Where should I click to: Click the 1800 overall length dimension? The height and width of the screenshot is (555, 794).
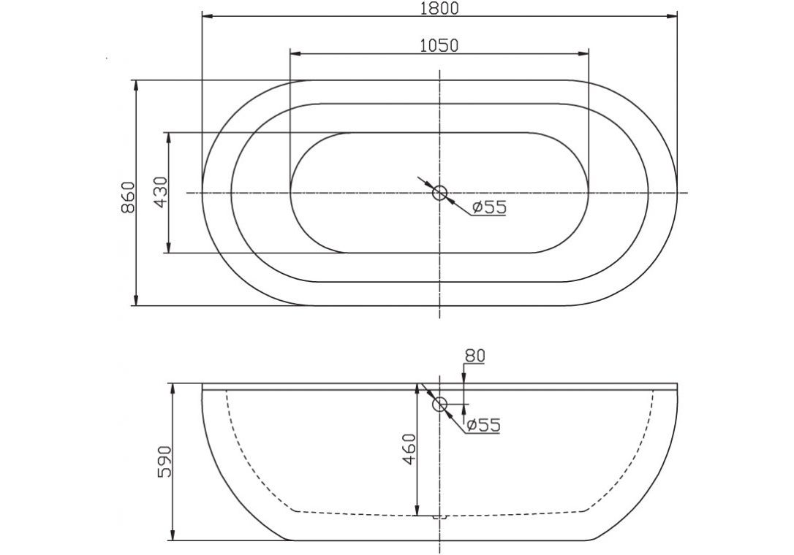click(x=439, y=8)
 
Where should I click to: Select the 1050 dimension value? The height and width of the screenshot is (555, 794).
click(x=439, y=45)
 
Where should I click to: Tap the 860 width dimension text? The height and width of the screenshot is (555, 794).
click(x=127, y=196)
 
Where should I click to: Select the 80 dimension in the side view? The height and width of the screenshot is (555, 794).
click(x=474, y=356)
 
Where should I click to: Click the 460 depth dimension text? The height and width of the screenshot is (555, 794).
click(x=408, y=449)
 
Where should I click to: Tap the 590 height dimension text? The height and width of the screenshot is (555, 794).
click(x=165, y=462)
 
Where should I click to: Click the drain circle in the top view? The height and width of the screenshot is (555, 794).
click(x=439, y=193)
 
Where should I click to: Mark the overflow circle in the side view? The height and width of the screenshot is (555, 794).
click(x=439, y=405)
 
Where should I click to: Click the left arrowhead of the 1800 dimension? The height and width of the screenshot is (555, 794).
click(x=206, y=15)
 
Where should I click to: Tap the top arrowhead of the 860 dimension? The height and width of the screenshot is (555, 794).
click(x=136, y=85)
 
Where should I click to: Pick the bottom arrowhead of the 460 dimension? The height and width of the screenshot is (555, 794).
click(x=417, y=510)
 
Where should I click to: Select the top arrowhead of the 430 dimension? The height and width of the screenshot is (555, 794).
click(x=169, y=137)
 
